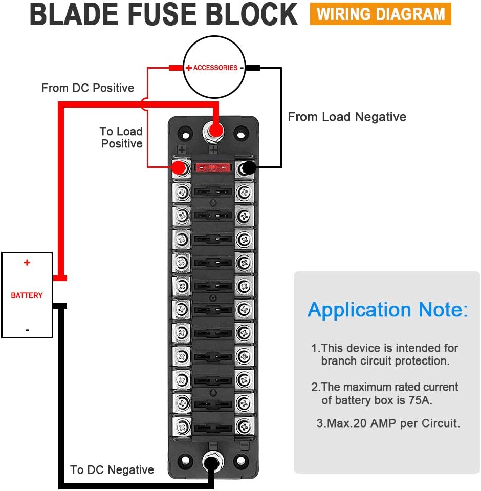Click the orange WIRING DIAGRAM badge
pos(380,14)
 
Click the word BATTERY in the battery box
pos(27,295)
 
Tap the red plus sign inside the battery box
pos(27,263)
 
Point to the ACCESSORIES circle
pos(214,68)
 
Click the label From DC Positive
pos(88,88)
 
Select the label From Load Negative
pos(347,117)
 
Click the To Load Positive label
pos(121,138)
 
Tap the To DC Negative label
pos(112,469)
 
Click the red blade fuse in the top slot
pos(212,167)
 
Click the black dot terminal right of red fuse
pos(249,167)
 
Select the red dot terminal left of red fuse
pos(179,167)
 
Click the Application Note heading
pos(387,310)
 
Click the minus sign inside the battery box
pos(27,330)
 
